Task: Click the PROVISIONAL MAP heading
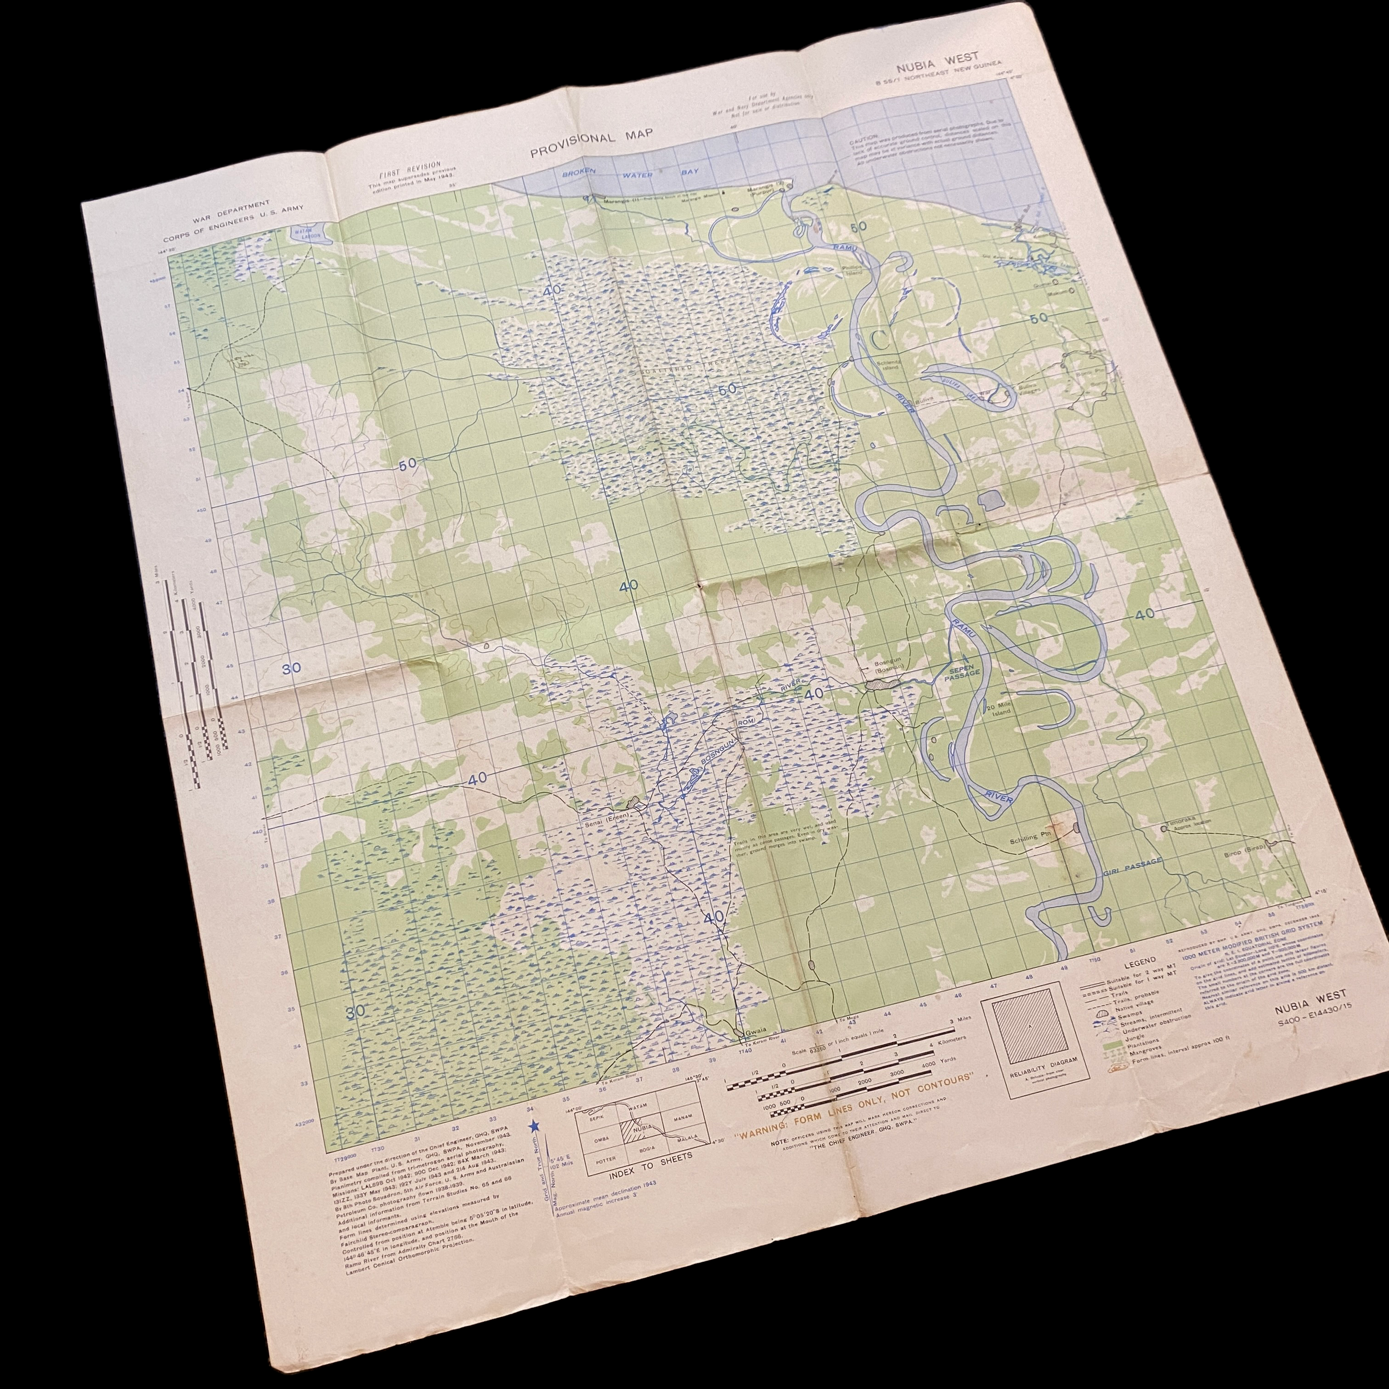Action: click(x=592, y=144)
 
